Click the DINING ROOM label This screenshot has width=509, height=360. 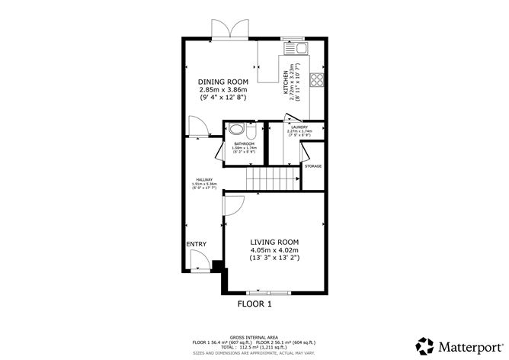click(223, 82)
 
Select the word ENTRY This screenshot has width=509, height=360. click(196, 244)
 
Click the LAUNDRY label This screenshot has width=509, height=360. click(299, 127)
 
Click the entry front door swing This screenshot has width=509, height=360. click(197, 263)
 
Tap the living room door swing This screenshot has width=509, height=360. click(233, 204)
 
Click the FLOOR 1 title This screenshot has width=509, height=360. click(254, 303)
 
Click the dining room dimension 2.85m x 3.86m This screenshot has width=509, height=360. click(223, 90)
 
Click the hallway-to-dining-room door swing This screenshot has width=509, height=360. click(196, 127)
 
